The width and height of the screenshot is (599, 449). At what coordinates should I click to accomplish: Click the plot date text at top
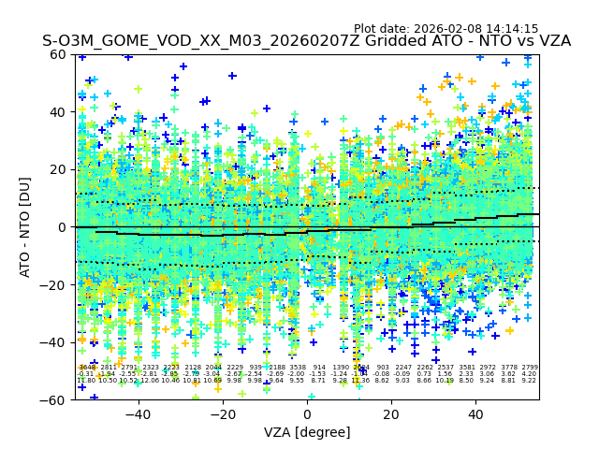[446, 29]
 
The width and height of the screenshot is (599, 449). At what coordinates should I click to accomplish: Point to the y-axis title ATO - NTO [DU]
[25, 226]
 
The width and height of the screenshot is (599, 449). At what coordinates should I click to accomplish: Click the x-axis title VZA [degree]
[307, 432]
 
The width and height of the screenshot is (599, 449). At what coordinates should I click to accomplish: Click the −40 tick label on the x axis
[138, 414]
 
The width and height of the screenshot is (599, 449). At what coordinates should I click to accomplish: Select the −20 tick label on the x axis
[222, 414]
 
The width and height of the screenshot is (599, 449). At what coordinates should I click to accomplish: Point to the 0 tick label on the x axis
[307, 414]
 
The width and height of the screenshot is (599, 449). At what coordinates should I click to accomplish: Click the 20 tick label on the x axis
[391, 414]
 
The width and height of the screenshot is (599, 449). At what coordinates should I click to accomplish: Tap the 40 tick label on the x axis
[475, 414]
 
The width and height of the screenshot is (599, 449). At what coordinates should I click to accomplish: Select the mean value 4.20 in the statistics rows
[530, 374]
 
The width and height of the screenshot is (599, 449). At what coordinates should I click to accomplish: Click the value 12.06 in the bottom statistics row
[150, 381]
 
